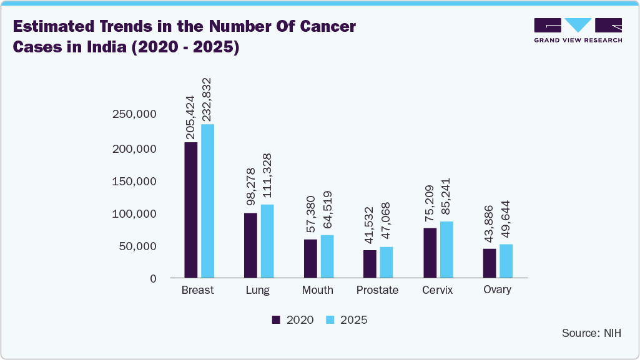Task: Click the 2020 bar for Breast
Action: [190, 210]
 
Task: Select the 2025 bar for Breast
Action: [207, 201]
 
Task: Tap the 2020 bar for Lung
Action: [250, 245]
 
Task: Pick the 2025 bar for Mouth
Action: [327, 256]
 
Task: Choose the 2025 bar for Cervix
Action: [446, 250]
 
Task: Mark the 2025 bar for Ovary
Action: [506, 261]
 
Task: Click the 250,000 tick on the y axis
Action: [134, 114]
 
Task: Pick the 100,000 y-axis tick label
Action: [134, 213]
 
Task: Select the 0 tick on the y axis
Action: [152, 278]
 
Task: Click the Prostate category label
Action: [377, 290]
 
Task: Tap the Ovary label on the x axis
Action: [498, 289]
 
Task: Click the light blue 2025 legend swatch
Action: [331, 320]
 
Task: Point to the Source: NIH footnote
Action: [591, 333]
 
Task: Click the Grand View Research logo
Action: [578, 30]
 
